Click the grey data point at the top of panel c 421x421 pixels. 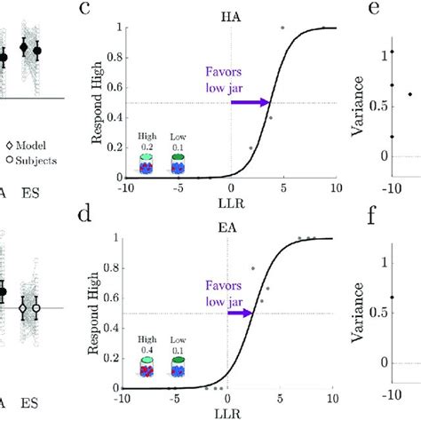(283, 28)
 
